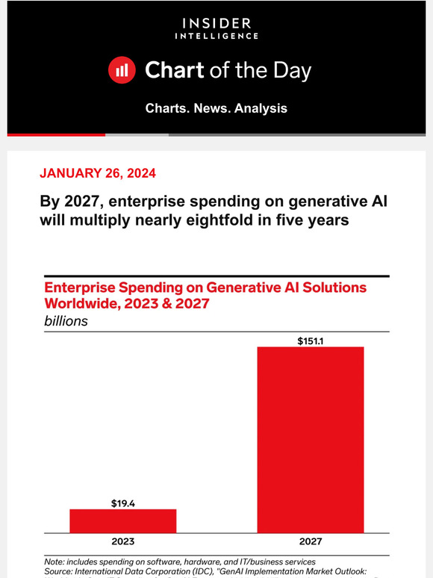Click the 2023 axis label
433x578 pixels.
click(123, 541)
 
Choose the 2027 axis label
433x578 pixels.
click(311, 541)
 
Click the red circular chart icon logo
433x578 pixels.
click(121, 70)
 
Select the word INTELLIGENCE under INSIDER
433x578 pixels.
click(216, 35)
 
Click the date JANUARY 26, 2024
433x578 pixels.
click(98, 173)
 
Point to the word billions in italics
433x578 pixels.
click(66, 321)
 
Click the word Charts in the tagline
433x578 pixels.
click(169, 108)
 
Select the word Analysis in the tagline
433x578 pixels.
click(261, 108)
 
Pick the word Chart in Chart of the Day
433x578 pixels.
click(174, 70)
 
